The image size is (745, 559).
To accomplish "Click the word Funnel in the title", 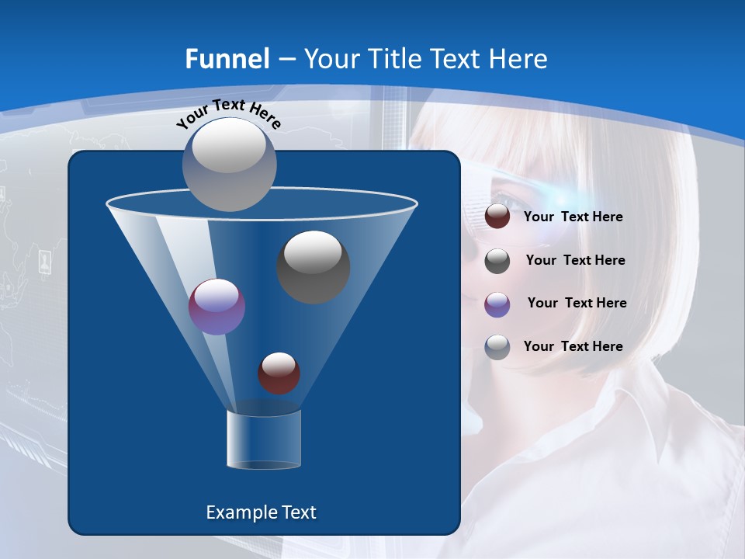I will (227, 59).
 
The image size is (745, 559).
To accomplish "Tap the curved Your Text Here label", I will (228, 114).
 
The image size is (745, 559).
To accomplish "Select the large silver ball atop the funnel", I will (230, 164).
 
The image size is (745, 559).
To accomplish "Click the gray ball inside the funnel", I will (314, 266).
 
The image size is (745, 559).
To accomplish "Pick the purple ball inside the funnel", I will (217, 307).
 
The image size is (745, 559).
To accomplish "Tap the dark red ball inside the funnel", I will (279, 373).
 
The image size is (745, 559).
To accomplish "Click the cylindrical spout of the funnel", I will (264, 439).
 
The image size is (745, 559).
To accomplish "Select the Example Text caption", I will (261, 512).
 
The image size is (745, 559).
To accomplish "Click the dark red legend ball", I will (497, 217).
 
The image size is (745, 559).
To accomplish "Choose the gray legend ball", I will (497, 261).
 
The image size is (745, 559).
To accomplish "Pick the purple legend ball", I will (497, 304).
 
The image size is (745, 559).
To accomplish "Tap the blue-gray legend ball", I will (497, 347).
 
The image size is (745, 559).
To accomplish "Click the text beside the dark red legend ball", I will (573, 217).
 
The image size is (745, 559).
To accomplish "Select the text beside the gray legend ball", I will (575, 261).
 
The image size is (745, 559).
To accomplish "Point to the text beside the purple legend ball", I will (577, 304).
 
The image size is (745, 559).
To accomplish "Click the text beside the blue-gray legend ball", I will (573, 347).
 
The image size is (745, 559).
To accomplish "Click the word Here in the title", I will (519, 59).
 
